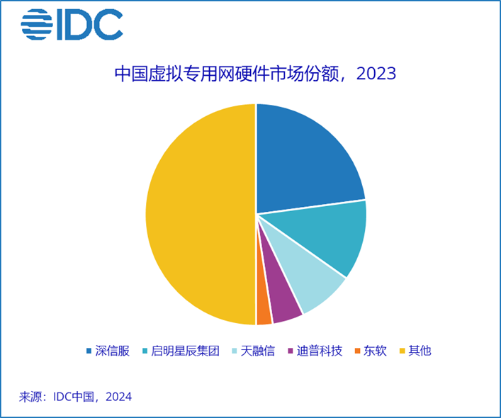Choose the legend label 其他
420,351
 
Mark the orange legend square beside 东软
358,351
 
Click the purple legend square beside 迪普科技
291,351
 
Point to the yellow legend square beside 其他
402,351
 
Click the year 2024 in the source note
118,397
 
